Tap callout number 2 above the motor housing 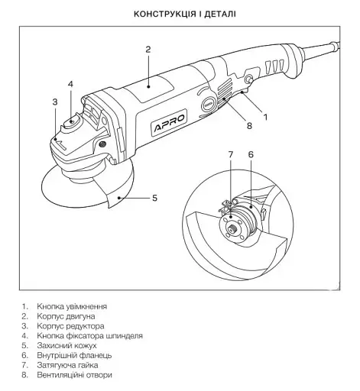pos(148,50)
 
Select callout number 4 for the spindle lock pos(70,84)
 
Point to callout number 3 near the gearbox pos(55,102)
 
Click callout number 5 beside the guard pos(154,198)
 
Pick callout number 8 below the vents pos(249,125)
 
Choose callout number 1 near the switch pos(266,118)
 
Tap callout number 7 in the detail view pos(231,154)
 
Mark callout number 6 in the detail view pos(251,154)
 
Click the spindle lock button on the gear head pos(72,122)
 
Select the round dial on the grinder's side pos(209,105)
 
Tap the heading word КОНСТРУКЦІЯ pos(165,14)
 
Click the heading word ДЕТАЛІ pos(220,14)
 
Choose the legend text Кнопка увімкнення pos(72,306)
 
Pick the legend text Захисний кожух pos(66,346)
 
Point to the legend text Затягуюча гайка pos(67,365)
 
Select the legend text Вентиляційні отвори pos(74,375)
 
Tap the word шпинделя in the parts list pos(124,336)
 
